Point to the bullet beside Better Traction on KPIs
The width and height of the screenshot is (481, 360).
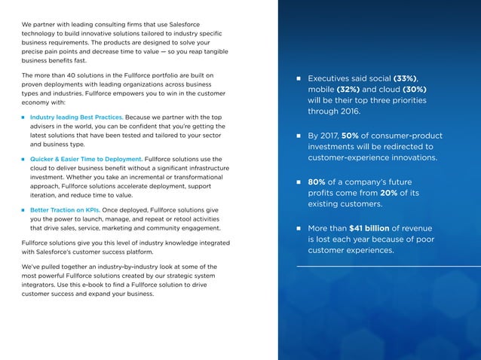click(23, 210)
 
